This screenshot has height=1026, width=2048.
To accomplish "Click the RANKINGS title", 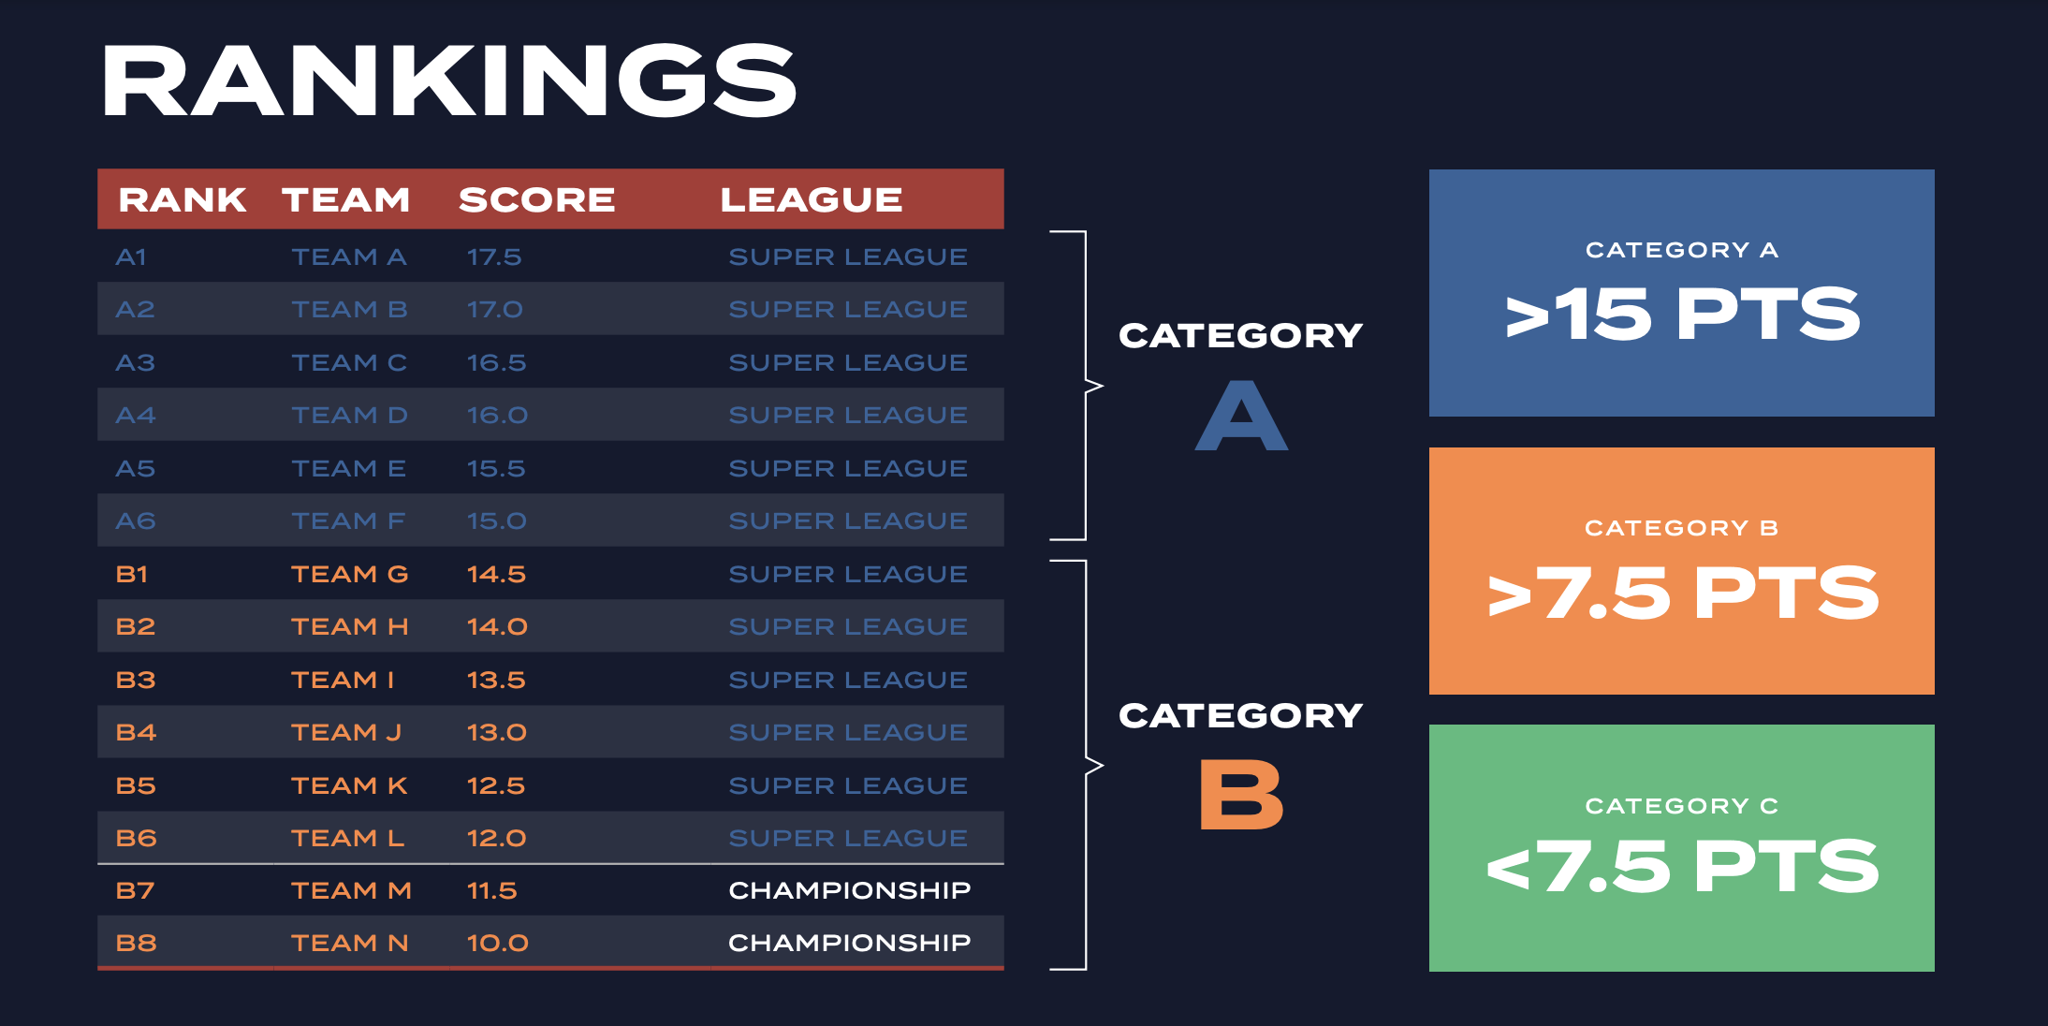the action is point(449,81).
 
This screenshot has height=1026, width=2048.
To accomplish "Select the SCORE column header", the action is point(537,199).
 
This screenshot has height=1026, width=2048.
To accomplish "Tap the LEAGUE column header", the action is point(812,199).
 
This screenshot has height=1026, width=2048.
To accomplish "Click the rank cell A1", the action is point(131,256).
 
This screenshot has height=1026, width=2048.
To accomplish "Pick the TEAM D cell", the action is point(349,415).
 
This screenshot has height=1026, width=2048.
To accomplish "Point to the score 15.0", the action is point(497,520).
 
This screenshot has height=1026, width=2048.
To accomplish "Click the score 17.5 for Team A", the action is point(494,256).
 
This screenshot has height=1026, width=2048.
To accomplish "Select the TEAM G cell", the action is point(349,574).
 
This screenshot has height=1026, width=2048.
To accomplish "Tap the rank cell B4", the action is point(136,732).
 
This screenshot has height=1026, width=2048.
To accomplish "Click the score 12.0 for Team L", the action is point(497,838).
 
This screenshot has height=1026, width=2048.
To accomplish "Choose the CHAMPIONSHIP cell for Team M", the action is point(850,890).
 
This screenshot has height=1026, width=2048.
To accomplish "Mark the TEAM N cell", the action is point(349,943).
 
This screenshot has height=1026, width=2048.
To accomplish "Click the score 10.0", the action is point(498,943).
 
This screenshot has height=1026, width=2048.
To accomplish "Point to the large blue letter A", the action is point(1242,415).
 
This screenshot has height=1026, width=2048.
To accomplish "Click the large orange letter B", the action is point(1242,794).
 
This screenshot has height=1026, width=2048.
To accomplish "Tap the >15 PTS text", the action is point(1682,315).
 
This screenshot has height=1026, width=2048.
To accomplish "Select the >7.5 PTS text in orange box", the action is point(1682,593).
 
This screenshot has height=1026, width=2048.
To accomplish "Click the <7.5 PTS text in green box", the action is point(1682,866).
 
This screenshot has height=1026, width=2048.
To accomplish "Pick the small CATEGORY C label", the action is point(1682,806).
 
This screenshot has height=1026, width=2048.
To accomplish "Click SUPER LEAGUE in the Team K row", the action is point(848,785).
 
